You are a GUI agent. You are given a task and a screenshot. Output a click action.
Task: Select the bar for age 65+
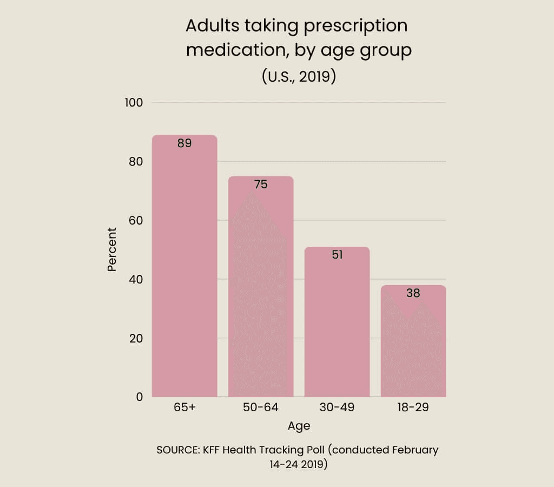pyautogui.click(x=184, y=271)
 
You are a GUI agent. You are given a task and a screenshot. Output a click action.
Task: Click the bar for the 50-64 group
pyautogui.click(x=261, y=292)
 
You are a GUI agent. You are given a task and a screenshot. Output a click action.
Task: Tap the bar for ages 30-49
pyautogui.click(x=337, y=325)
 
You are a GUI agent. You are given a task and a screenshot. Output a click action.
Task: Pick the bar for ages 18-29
pyautogui.click(x=413, y=346)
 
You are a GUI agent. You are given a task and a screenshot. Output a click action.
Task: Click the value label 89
pyautogui.click(x=184, y=143)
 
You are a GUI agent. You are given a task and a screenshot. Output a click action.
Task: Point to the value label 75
pyautogui.click(x=261, y=185)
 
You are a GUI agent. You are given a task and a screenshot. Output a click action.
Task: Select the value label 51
pyautogui.click(x=337, y=254)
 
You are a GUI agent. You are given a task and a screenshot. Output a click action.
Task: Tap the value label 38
pyautogui.click(x=413, y=293)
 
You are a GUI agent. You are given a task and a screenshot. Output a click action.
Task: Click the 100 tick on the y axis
pyautogui.click(x=133, y=102)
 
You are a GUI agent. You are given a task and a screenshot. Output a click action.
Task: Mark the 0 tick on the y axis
pyautogui.click(x=139, y=397)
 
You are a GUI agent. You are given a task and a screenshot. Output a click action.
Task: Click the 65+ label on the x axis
pyautogui.click(x=184, y=407)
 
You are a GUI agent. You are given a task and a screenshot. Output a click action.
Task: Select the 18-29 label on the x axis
pyautogui.click(x=413, y=407)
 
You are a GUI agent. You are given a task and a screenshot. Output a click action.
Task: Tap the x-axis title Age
pyautogui.click(x=299, y=426)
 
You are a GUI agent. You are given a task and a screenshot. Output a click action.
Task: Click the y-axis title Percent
pyautogui.click(x=112, y=249)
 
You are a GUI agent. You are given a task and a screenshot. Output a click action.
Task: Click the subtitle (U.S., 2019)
pyautogui.click(x=299, y=76)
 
